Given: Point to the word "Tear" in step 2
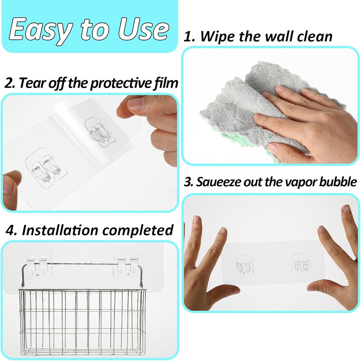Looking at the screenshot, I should coord(33,83).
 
